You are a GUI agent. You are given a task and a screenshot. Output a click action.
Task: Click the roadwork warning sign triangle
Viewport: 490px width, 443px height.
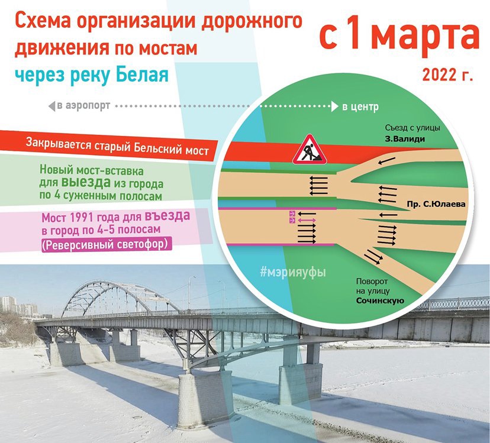tap(310, 150)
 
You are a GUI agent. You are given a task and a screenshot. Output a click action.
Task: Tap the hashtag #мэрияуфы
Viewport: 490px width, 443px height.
tap(293, 272)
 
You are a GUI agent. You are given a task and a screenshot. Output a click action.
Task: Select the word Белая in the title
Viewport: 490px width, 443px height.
tap(142, 75)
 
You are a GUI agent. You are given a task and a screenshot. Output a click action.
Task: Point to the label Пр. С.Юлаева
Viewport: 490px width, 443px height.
tap(436, 204)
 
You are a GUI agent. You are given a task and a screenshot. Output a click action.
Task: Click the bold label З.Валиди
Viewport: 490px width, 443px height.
tap(405, 139)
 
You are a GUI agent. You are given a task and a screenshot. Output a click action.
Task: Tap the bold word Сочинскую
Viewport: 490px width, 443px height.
tap(381, 301)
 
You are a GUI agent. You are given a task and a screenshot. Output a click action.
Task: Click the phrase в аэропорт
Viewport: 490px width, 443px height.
tap(83, 106)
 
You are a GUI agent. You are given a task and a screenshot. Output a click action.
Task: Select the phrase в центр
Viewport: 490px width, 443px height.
tap(360, 107)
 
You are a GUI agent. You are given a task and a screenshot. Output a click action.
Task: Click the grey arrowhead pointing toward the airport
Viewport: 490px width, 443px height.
tap(52, 106)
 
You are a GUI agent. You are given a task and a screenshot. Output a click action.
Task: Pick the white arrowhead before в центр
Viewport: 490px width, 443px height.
tap(335, 106)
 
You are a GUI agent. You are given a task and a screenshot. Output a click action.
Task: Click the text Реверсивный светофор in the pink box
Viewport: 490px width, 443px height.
tap(107, 244)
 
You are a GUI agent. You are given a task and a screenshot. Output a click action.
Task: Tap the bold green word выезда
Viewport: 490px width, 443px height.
tap(86, 182)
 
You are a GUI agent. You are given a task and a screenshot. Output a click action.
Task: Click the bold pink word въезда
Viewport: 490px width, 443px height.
tap(167, 216)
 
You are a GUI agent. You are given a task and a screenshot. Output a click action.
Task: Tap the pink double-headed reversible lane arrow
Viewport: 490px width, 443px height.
tap(307, 221)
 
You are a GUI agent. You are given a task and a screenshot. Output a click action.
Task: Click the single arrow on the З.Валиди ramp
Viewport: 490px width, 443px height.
tap(386, 161)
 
